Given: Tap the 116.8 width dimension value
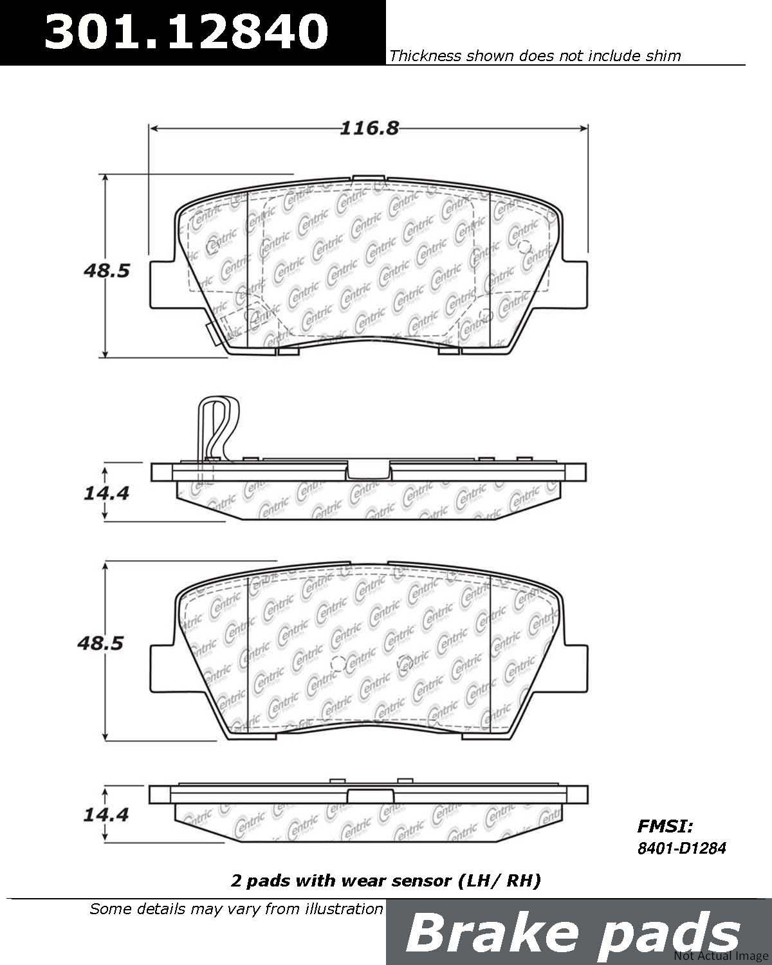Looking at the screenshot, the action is tap(369, 129).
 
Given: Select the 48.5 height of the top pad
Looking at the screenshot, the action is tap(106, 271).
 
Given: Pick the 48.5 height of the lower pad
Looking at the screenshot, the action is tap(100, 643).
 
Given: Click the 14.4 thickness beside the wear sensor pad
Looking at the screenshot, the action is tap(106, 493).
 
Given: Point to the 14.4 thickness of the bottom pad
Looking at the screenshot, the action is tap(106, 814).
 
